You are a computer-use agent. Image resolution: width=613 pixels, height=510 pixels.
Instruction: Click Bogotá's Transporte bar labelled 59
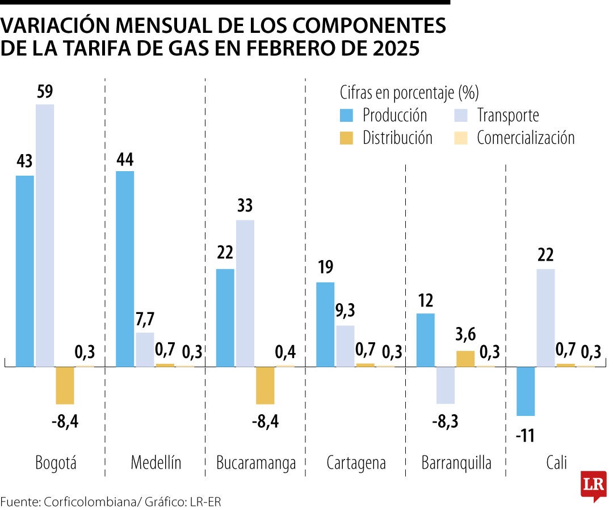pos(45,235)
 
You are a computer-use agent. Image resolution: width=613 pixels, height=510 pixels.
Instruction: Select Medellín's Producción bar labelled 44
pos(125,269)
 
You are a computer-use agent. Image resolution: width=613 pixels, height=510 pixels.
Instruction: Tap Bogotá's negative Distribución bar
pos(65,385)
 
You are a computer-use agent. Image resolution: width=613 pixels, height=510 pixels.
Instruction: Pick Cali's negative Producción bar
pos(526,391)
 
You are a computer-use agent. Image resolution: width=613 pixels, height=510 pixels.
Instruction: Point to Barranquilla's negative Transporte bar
pos(446,385)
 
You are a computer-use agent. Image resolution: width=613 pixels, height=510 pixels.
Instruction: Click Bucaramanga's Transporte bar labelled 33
pos(245,293)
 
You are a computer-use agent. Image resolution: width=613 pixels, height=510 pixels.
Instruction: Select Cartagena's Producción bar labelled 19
pos(325,324)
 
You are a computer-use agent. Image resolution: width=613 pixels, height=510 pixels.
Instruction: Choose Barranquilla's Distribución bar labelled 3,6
pos(465,359)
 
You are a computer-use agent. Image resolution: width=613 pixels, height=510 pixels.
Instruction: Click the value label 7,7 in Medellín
pos(145,321)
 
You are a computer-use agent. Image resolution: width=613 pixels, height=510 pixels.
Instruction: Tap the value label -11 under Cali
pos(526,436)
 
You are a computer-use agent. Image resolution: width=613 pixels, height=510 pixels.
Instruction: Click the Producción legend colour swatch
pos(346,116)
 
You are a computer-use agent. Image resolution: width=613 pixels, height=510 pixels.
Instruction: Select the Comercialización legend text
pos(526,138)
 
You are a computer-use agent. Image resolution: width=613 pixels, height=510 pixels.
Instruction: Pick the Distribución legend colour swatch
pos(346,138)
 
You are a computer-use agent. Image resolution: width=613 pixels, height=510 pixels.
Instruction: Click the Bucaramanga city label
pos(256,463)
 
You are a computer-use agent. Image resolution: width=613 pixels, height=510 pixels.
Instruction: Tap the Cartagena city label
pos(356,463)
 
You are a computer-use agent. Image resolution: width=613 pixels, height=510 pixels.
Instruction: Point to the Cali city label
pos(556,463)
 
